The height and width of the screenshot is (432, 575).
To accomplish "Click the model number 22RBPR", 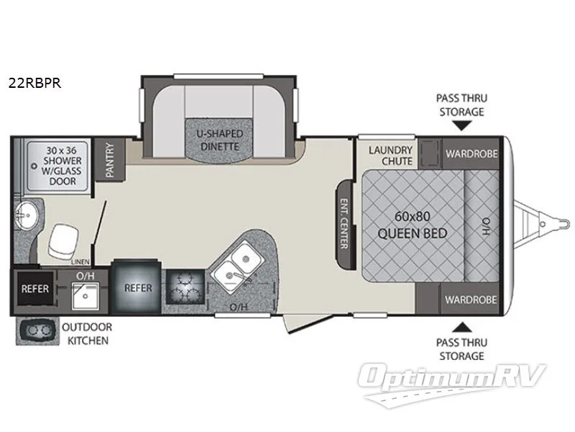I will (x=34, y=83).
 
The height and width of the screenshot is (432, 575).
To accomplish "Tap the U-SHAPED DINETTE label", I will (x=220, y=140).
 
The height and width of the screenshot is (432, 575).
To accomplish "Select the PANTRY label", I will (x=110, y=159).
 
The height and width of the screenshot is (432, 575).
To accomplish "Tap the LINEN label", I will (x=81, y=261).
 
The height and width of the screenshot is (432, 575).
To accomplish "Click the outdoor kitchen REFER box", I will (x=35, y=289).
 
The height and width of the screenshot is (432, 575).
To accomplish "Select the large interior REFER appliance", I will (x=138, y=288).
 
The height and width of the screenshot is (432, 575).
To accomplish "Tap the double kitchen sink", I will (x=238, y=263).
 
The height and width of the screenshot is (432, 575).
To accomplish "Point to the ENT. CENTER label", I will (x=344, y=223).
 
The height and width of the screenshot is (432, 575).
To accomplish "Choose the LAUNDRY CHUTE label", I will (x=390, y=156).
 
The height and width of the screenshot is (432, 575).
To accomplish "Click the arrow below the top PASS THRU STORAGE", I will (x=463, y=125).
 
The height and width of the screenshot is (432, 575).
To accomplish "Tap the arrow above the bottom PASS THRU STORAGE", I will (x=463, y=326).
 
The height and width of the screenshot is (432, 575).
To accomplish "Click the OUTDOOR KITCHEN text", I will (x=86, y=333).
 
